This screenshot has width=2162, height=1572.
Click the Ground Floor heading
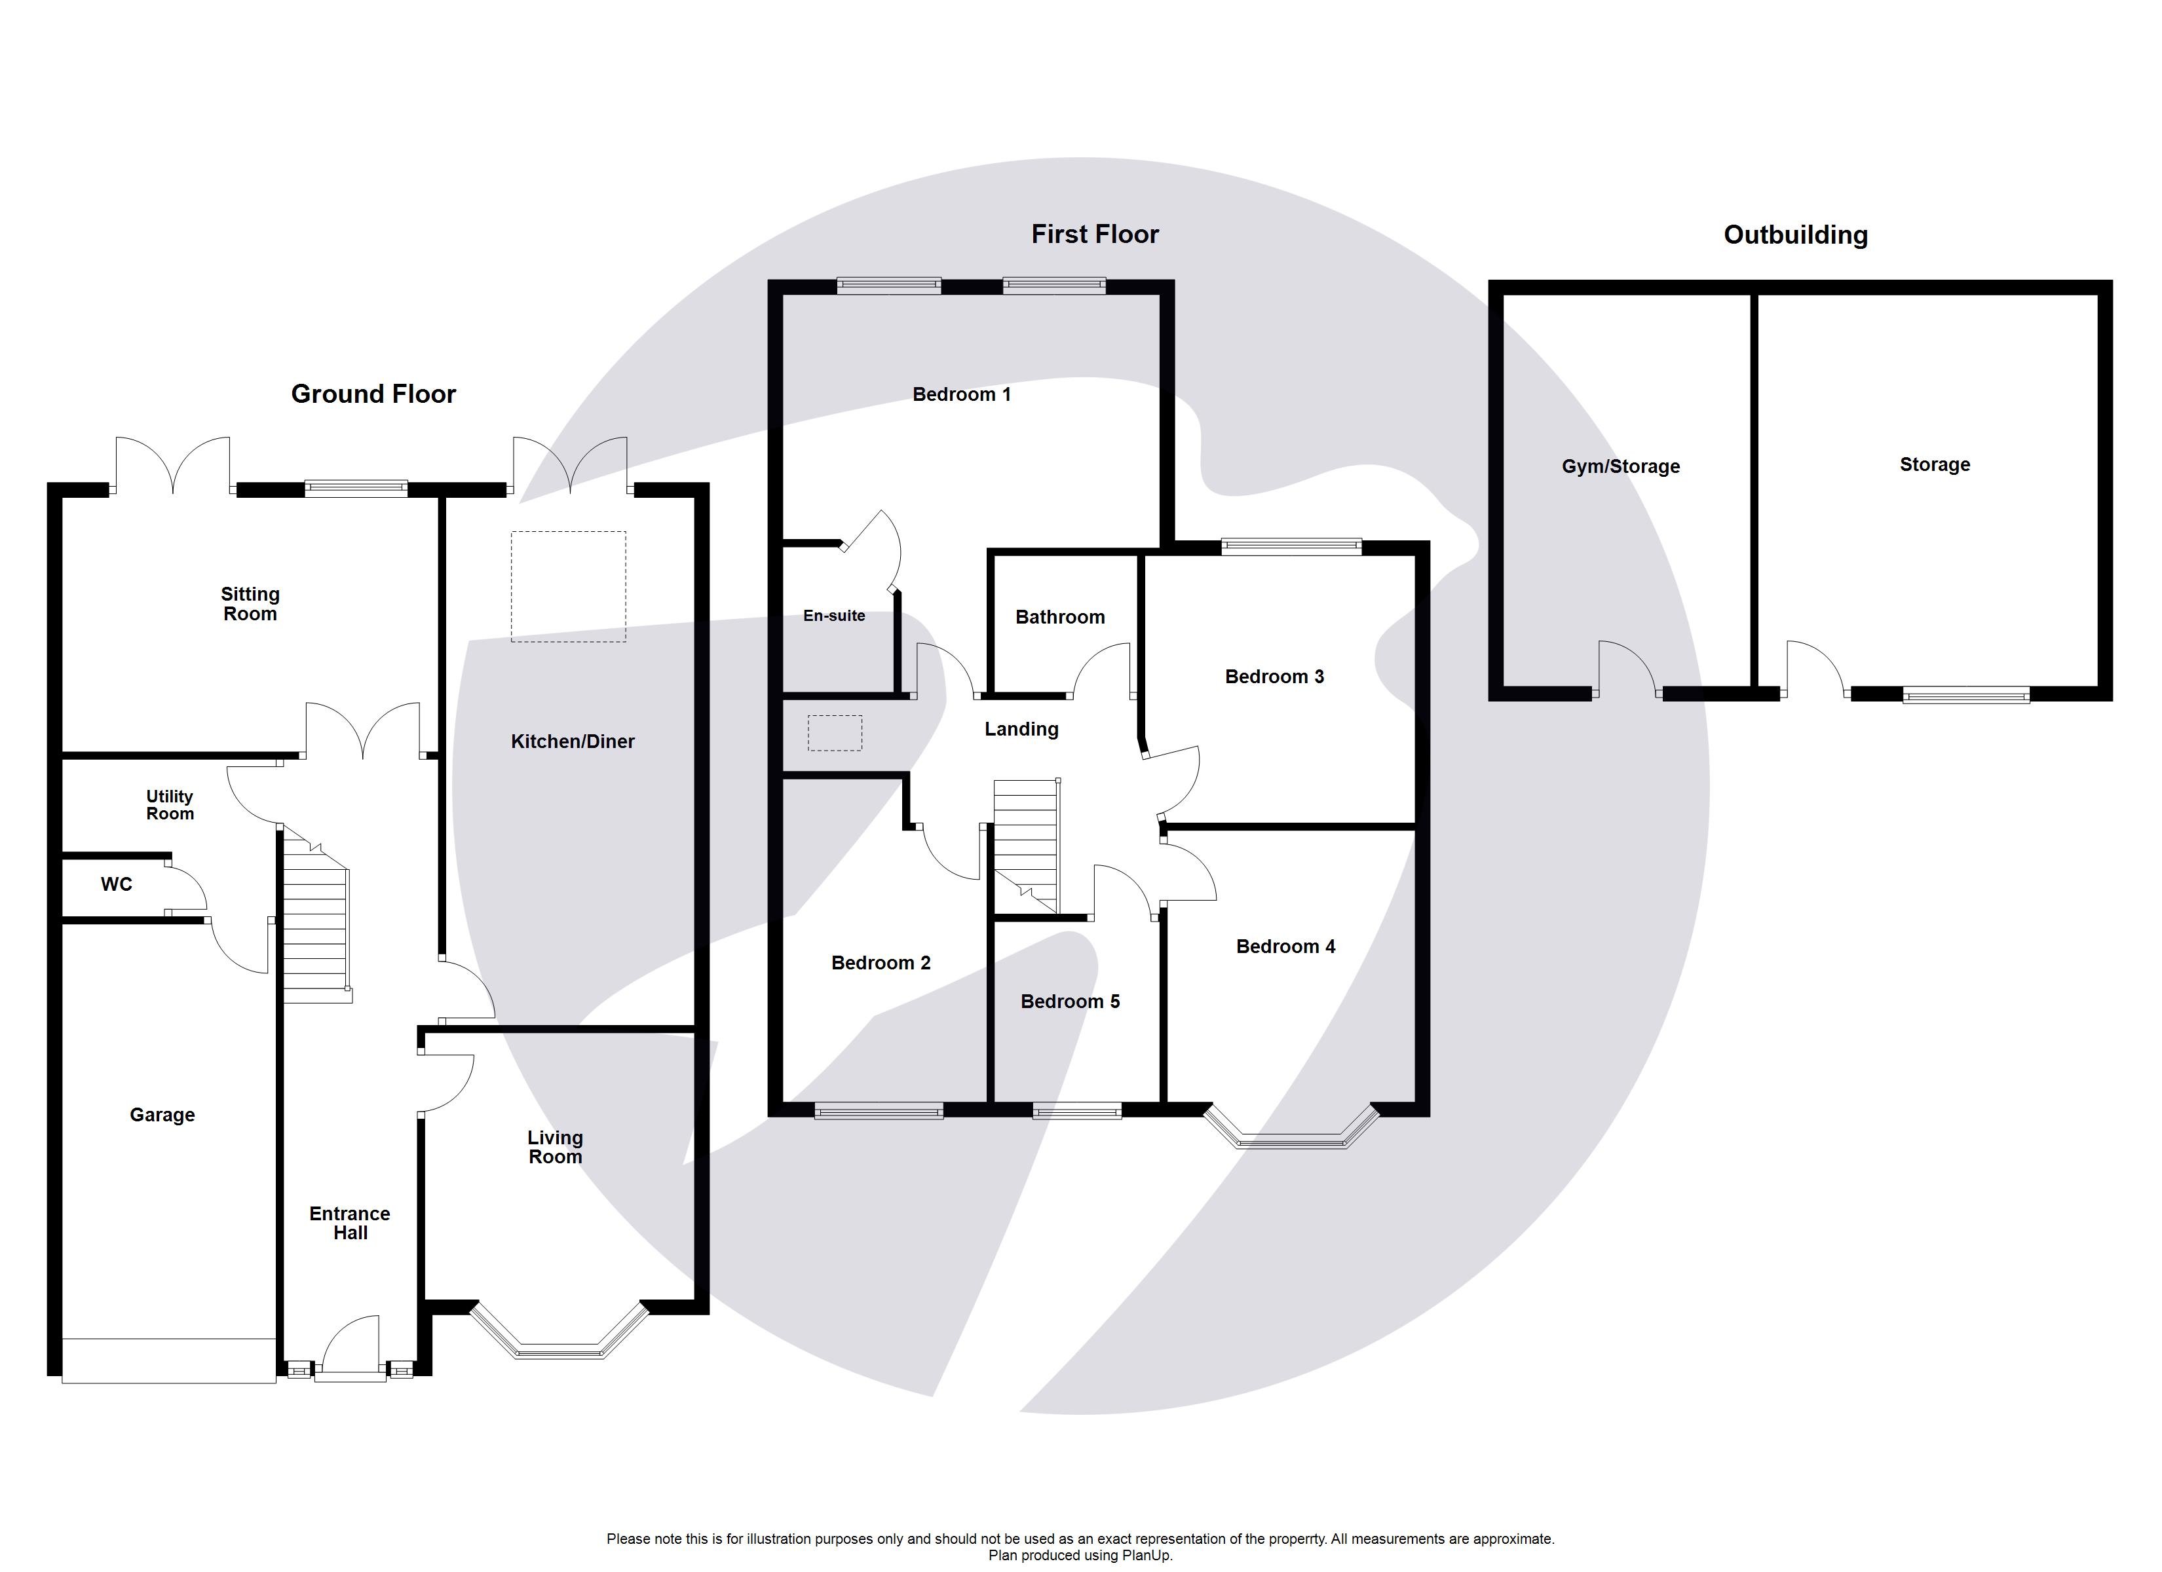373,394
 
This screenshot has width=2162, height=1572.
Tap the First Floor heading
1094,234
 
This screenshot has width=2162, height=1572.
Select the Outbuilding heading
1795,235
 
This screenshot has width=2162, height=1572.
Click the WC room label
117,885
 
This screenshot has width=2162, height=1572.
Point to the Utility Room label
170,804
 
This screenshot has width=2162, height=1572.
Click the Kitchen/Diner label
572,741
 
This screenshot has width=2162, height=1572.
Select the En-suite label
834,616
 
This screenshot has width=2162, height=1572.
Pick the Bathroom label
1060,617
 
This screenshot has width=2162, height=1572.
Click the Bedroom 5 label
1070,1001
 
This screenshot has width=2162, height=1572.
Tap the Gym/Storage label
1621,466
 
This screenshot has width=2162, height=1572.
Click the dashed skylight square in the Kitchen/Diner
568,586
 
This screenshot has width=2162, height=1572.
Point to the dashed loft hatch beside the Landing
835,733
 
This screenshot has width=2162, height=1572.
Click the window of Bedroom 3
1292,546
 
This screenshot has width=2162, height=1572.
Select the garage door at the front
169,1360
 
